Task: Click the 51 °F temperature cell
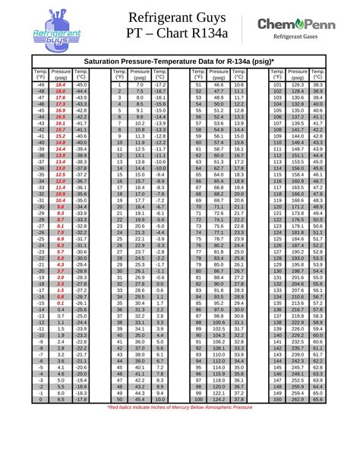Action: click(x=198, y=84)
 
